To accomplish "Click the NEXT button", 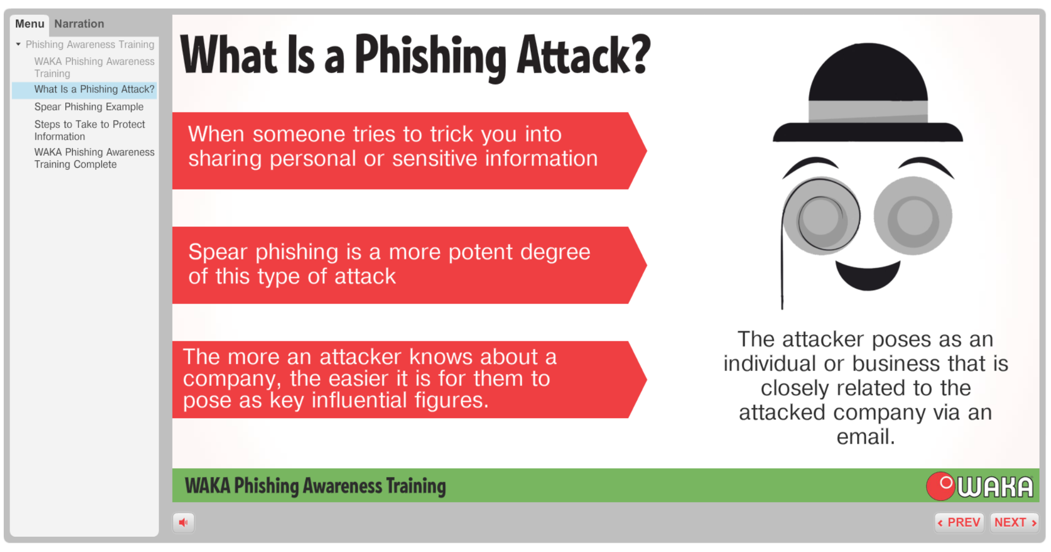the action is click(x=1014, y=522).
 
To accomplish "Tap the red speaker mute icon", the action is click(x=183, y=522).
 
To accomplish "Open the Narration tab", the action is click(x=79, y=24).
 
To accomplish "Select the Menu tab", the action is click(x=30, y=24).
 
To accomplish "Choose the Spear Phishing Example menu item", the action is click(x=89, y=107).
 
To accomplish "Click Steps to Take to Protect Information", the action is click(x=90, y=130).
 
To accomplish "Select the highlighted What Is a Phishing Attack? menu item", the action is click(x=94, y=89).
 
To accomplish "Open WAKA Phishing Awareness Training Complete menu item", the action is click(x=94, y=158).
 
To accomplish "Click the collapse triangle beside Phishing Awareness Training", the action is click(x=19, y=45).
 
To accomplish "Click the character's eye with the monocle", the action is click(x=821, y=216).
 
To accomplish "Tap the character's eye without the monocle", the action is click(x=913, y=216).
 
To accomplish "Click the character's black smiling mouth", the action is click(x=868, y=275).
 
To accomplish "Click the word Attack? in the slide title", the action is click(x=584, y=55).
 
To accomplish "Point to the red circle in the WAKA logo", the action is click(x=941, y=486).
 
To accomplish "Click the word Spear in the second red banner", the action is click(x=218, y=253).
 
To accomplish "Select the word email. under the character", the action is click(x=866, y=437).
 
